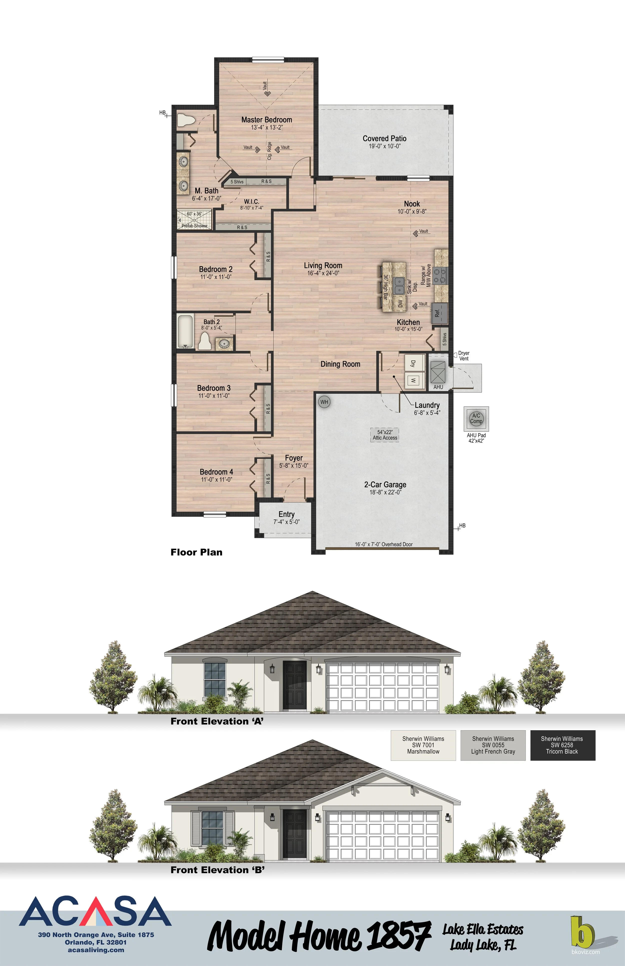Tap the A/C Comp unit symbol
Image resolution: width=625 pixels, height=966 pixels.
476,418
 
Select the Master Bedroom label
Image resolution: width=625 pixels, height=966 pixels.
267,120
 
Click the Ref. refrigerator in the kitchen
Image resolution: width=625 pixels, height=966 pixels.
439,313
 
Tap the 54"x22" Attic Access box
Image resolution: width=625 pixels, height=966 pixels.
385,435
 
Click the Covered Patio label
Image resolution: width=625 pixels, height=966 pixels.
384,138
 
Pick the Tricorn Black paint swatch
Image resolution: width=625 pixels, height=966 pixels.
562,745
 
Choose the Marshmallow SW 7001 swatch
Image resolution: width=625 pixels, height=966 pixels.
423,745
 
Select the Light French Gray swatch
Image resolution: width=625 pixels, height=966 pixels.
493,745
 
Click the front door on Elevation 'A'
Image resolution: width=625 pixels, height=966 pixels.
294,685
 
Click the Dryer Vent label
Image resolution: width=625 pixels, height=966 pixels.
463,356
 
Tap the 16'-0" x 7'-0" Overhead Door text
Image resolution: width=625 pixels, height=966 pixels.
383,544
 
